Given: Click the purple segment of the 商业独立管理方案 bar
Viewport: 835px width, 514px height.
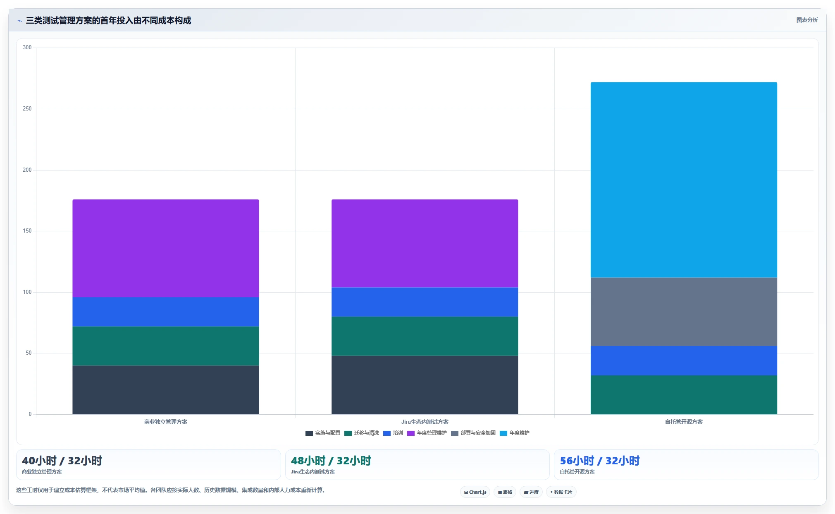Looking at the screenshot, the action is pos(166,248).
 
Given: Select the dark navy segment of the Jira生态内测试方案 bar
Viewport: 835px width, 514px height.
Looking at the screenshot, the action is pos(425,385).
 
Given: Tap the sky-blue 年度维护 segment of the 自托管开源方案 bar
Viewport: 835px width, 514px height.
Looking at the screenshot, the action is pos(684,180).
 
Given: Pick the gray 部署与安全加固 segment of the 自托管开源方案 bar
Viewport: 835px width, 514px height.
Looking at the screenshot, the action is pos(684,312).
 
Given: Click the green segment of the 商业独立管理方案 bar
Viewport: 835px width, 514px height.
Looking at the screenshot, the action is pos(166,346).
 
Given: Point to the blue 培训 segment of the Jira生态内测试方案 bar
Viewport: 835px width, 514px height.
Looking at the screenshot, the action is pos(425,302).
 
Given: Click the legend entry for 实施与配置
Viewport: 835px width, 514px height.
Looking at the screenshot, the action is pos(323,433).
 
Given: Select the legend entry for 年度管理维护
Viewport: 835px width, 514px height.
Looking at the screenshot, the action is pos(427,433).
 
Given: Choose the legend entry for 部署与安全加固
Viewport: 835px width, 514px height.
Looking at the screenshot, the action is pos(473,433).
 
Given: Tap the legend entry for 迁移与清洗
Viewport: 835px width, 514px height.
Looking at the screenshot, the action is pos(362,433).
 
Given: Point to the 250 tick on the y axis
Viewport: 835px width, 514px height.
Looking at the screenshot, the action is pos(27,109).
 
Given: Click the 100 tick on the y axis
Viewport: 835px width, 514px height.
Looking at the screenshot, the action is pos(27,292).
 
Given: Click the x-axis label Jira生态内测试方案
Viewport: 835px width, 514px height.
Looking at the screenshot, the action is pos(425,422).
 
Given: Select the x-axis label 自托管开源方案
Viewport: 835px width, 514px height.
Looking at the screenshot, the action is pos(684,422).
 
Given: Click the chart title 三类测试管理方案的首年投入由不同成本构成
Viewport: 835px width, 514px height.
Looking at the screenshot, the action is pos(108,21).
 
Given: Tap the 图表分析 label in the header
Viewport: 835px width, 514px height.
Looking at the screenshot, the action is pos(807,20).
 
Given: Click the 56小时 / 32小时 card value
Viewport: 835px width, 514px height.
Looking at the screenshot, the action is pos(599,461).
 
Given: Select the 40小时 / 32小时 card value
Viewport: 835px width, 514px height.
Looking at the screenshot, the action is pos(62,461).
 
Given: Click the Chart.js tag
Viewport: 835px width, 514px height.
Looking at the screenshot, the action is pos(475,492).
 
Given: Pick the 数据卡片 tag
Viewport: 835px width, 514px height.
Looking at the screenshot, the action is pos(561,492).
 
